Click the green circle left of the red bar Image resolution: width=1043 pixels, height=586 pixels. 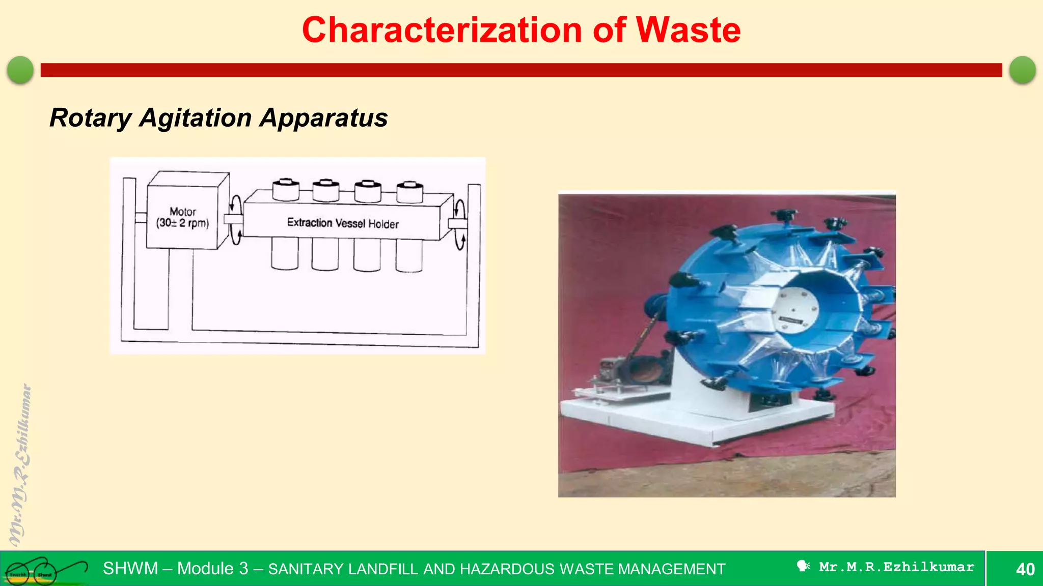click(x=20, y=70)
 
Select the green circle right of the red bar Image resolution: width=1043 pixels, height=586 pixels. click(x=1022, y=70)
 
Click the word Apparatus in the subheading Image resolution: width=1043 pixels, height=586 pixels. click(x=324, y=118)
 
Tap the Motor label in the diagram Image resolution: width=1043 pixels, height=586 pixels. click(x=183, y=212)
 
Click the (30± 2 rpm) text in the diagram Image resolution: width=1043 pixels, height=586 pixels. click(x=183, y=223)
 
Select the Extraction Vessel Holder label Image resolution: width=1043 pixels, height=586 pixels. click(x=343, y=223)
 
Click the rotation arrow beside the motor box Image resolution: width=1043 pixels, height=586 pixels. click(x=235, y=220)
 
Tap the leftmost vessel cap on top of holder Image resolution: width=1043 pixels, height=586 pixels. click(x=285, y=190)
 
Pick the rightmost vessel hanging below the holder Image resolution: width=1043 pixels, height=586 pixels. click(x=408, y=255)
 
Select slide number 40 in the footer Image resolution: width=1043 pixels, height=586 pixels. click(x=1025, y=569)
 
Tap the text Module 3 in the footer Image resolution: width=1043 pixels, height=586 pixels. click(x=212, y=569)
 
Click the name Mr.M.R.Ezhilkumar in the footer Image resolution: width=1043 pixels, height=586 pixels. click(x=896, y=567)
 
